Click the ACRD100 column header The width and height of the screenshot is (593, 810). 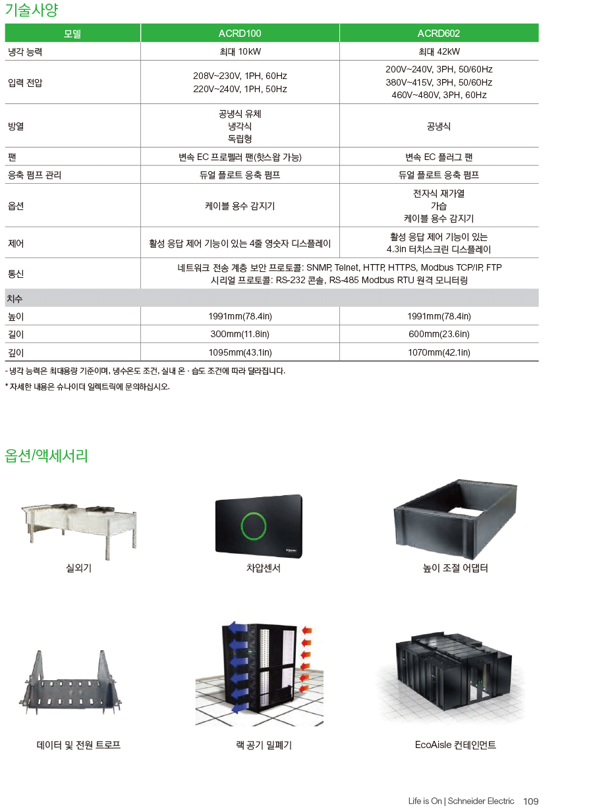tap(240, 34)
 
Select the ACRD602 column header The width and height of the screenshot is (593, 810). tap(439, 34)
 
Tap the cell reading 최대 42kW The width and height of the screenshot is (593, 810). tap(439, 51)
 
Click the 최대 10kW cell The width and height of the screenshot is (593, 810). tap(240, 51)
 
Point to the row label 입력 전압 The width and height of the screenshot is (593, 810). tap(25, 83)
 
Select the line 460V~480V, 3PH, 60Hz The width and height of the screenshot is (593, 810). tap(439, 95)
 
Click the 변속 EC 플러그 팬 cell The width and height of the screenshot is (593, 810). tap(439, 157)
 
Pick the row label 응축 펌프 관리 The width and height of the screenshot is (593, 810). tap(34, 175)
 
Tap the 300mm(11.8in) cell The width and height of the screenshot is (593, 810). tap(240, 334)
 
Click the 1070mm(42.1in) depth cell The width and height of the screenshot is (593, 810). tap(439, 352)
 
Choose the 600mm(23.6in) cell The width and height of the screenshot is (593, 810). tap(439, 334)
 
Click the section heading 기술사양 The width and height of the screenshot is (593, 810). tap(31, 10)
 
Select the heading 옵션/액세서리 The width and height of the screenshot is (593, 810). tap(46, 456)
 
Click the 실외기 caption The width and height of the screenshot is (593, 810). tap(78, 568)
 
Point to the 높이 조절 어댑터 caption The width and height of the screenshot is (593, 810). tap(455, 568)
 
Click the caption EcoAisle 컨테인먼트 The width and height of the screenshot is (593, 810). tap(455, 745)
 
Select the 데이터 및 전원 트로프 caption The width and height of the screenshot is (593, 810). tap(78, 745)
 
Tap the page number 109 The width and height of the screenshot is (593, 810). tap(531, 801)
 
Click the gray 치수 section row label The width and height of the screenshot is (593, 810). tap(14, 299)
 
